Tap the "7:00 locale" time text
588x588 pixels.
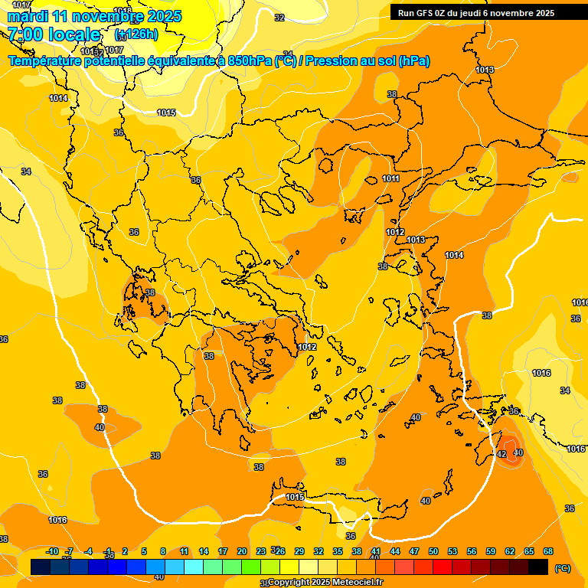(x=54, y=34)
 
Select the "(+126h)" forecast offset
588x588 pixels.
(x=136, y=34)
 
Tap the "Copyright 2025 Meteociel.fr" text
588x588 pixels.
(x=325, y=583)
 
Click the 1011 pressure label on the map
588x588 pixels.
(x=390, y=178)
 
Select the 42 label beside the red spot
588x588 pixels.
(x=501, y=454)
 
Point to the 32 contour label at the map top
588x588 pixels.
(x=279, y=18)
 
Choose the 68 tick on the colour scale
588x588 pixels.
(x=548, y=551)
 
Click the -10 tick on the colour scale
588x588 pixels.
(x=52, y=551)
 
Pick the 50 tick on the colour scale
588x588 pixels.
(x=433, y=551)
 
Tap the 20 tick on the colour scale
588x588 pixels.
(x=242, y=551)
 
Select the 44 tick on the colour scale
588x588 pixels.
(x=395, y=551)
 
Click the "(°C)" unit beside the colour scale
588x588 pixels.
(x=562, y=568)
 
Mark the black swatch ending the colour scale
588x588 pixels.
(x=538, y=567)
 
